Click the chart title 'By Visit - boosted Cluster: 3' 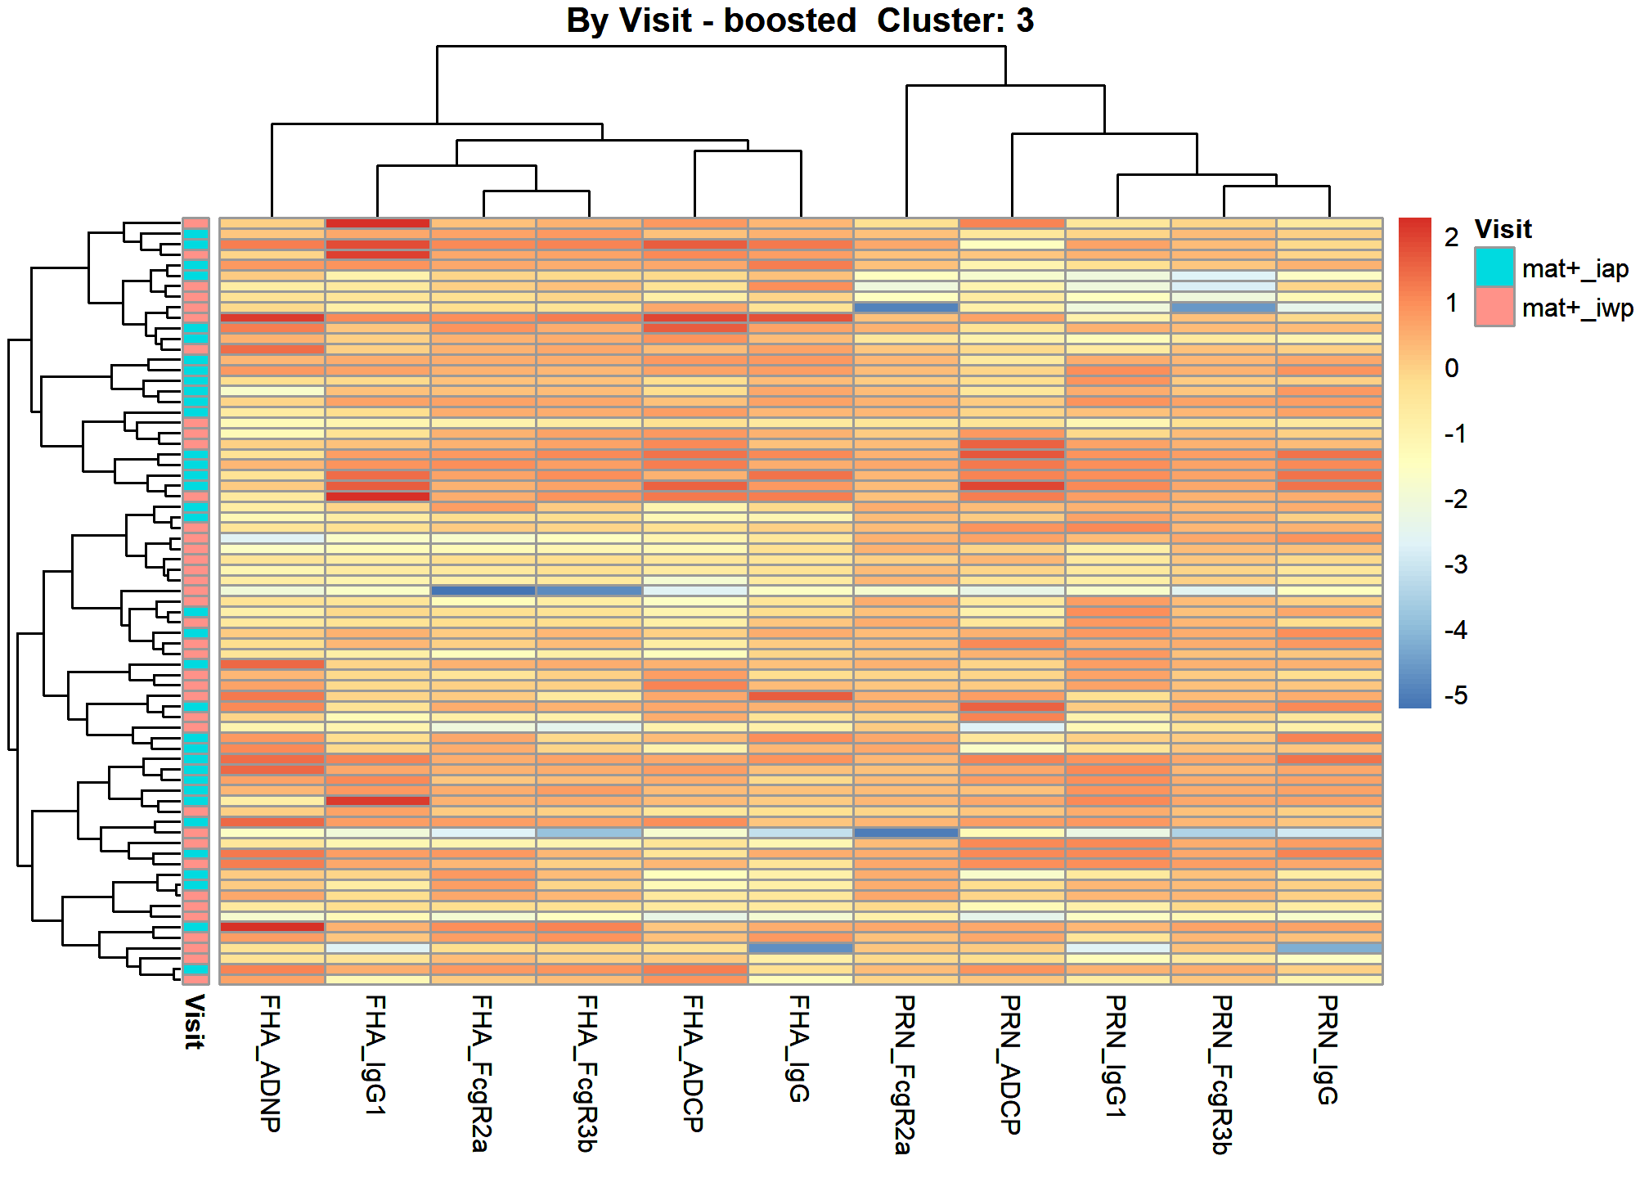click(800, 20)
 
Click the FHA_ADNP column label click(271, 1063)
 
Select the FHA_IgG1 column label click(376, 1055)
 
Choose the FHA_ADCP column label click(694, 1063)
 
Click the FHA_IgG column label click(799, 1049)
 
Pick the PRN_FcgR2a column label click(905, 1074)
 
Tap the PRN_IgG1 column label click(1117, 1056)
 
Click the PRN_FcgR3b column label click(1222, 1074)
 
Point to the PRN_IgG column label click(1328, 1050)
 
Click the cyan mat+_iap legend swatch click(1494, 268)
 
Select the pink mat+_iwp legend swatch click(1494, 307)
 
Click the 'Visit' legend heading click(1503, 229)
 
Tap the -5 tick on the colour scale click(1457, 695)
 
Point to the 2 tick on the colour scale click(1452, 237)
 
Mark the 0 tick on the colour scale click(1452, 368)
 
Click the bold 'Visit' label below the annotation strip click(195, 1022)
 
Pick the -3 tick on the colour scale click(1457, 564)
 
